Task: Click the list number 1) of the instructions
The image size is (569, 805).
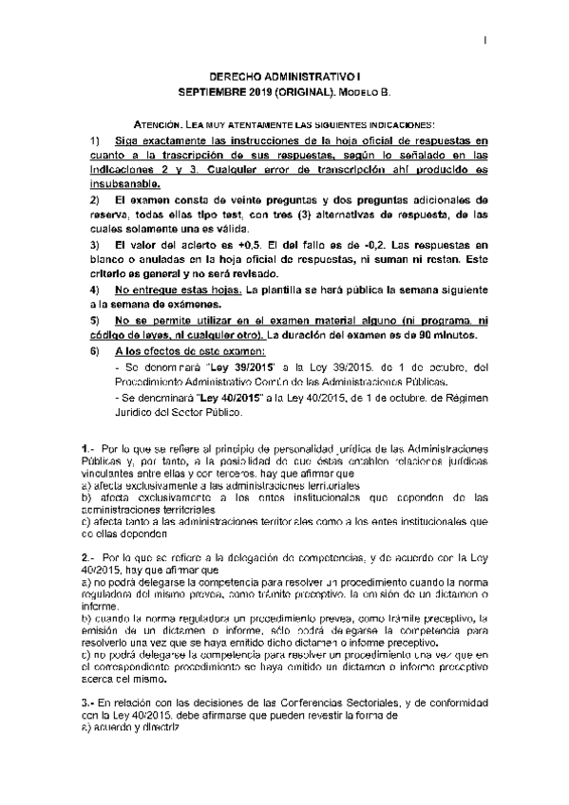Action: [94, 140]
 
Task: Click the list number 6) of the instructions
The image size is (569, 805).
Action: [94, 350]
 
